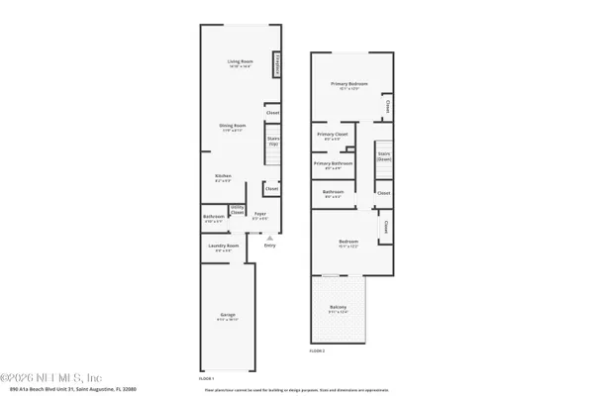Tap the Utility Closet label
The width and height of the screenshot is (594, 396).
click(x=238, y=211)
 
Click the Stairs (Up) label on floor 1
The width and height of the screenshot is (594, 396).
click(x=272, y=143)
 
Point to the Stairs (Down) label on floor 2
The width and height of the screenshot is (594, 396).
click(x=384, y=156)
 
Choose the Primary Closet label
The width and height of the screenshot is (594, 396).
click(x=331, y=136)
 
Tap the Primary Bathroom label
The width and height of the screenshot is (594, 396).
click(x=334, y=163)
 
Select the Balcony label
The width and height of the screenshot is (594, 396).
click(x=339, y=309)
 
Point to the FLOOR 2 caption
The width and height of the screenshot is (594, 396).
click(x=317, y=351)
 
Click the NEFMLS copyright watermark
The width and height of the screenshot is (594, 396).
click(x=49, y=377)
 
